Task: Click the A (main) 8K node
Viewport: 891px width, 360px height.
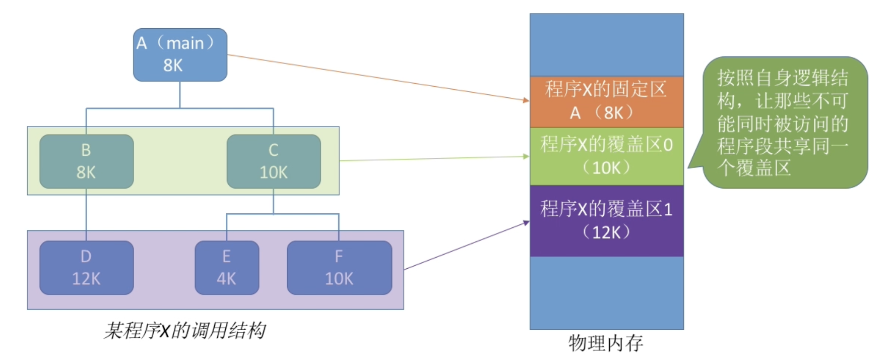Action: [x=180, y=54]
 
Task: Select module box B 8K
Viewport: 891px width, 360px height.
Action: [x=86, y=161]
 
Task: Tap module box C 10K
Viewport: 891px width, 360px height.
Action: [x=273, y=161]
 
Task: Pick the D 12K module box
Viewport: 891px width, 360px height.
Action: [x=86, y=268]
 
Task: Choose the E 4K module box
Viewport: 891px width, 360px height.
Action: [x=227, y=268]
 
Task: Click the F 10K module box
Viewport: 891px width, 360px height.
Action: [x=339, y=268]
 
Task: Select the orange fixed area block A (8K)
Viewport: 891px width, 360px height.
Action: [x=606, y=101]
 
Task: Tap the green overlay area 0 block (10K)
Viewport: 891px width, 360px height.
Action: [x=606, y=156]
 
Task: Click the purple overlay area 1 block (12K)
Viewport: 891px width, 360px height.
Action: [x=606, y=221]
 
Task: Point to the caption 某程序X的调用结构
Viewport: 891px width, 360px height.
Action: [x=184, y=331]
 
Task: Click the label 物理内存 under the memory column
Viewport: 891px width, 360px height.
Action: [x=606, y=343]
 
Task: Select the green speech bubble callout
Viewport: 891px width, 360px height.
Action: [x=784, y=123]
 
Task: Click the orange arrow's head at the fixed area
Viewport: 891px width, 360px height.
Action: [x=527, y=100]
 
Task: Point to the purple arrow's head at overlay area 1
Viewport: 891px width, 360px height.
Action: [x=527, y=222]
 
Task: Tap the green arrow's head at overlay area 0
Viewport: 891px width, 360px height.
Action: [x=527, y=156]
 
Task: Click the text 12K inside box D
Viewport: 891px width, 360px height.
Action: [x=86, y=279]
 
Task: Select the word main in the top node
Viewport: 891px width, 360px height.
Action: [x=185, y=43]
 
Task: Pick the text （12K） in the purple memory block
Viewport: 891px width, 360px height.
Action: [x=606, y=232]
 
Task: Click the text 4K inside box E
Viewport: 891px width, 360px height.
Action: [x=227, y=279]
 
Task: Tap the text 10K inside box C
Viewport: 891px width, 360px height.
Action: [x=273, y=172]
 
